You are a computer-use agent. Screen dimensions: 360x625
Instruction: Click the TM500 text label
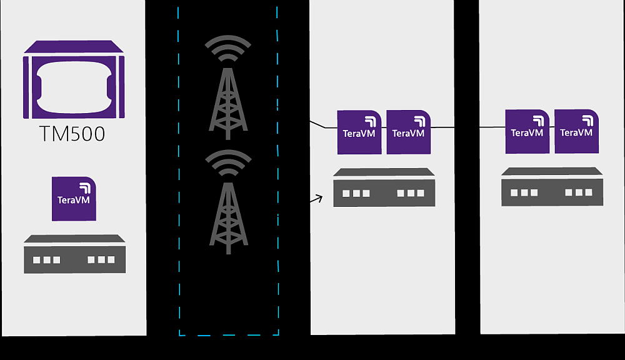pyautogui.click(x=73, y=134)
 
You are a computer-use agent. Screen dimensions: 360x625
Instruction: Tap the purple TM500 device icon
pyautogui.click(x=74, y=79)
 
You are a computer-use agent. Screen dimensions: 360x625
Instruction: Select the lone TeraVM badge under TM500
pyautogui.click(x=74, y=199)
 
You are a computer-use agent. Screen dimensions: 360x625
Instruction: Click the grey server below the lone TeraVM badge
pyautogui.click(x=74, y=254)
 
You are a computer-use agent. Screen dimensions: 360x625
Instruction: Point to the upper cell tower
pyautogui.click(x=228, y=100)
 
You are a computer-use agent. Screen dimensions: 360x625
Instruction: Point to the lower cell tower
pyautogui.click(x=228, y=216)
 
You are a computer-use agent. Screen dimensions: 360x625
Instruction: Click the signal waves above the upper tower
pyautogui.click(x=229, y=49)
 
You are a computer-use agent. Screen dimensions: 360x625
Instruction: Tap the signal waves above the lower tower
pyautogui.click(x=229, y=165)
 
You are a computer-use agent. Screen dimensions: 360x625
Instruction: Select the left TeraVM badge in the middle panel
pyautogui.click(x=359, y=132)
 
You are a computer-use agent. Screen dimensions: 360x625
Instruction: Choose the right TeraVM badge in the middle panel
pyautogui.click(x=408, y=132)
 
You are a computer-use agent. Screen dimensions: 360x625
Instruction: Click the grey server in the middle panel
pyautogui.click(x=384, y=187)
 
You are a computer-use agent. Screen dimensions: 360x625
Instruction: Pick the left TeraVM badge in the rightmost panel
pyautogui.click(x=527, y=132)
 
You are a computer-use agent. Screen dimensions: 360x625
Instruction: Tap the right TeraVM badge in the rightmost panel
pyautogui.click(x=576, y=132)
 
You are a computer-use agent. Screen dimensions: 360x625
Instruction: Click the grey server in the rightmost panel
pyautogui.click(x=552, y=187)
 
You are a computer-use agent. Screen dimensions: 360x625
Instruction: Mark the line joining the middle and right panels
pyautogui.click(x=467, y=127)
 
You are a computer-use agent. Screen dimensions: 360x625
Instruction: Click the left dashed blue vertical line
pyautogui.click(x=179, y=169)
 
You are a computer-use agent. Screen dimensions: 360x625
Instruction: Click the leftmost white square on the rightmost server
pyautogui.click(x=514, y=192)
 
